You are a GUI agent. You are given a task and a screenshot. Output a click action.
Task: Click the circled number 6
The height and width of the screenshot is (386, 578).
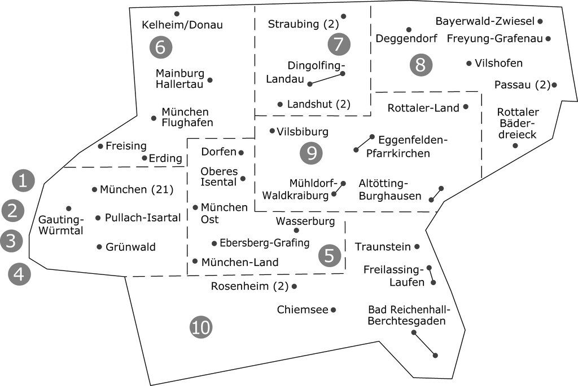(160, 47)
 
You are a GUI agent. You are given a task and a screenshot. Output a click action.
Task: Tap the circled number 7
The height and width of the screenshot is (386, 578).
(339, 43)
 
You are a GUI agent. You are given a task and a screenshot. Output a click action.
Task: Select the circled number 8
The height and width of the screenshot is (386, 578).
(421, 65)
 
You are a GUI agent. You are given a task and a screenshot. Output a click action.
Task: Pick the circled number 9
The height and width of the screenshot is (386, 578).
(311, 153)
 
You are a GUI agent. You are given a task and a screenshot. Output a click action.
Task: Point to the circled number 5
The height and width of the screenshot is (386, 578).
(330, 256)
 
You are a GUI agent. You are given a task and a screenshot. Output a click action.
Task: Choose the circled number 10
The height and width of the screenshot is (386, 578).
(201, 327)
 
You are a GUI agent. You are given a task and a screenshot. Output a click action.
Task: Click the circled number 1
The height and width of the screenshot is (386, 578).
(23, 181)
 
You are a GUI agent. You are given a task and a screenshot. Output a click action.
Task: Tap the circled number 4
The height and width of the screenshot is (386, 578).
(19, 274)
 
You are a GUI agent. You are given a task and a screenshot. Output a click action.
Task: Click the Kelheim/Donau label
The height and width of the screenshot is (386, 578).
(182, 25)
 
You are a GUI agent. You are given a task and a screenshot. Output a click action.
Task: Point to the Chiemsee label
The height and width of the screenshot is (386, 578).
(302, 310)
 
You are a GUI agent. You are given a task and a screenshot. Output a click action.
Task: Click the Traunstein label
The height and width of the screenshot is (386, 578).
(382, 246)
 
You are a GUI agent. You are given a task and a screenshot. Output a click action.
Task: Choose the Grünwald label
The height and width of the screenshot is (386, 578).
(130, 247)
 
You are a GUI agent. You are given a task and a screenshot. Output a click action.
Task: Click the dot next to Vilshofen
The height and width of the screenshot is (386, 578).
(469, 63)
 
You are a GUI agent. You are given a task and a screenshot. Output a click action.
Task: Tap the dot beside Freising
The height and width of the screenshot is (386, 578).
(100, 147)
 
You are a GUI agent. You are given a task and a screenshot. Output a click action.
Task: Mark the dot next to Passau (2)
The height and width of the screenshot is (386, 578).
(555, 85)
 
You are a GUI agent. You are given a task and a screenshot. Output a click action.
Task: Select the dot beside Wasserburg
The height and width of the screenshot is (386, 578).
(296, 230)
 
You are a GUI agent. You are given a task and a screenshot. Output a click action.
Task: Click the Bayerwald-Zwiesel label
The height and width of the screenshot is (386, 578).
(485, 21)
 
